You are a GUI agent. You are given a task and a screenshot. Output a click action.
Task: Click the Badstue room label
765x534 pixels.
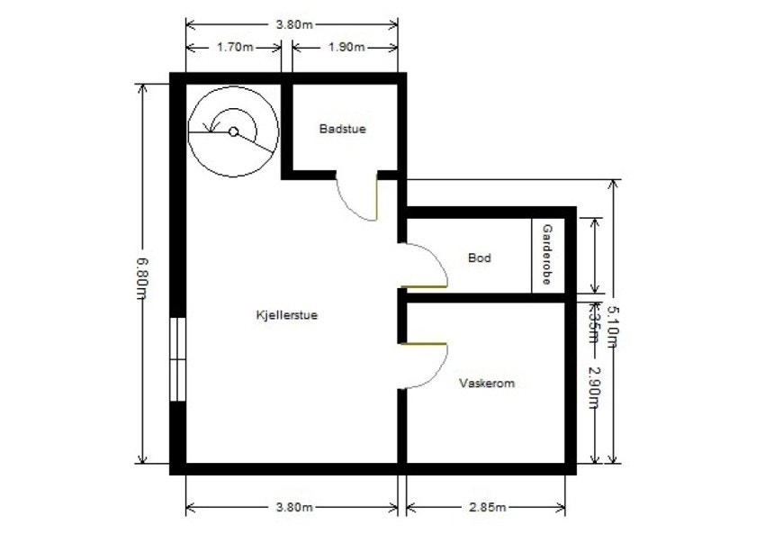point(342,130)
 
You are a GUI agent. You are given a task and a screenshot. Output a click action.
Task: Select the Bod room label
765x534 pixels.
point(480,258)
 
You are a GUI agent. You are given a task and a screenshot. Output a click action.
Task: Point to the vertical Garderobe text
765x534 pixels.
point(545,256)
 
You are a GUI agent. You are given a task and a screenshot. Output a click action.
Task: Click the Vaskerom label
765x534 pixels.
point(486,384)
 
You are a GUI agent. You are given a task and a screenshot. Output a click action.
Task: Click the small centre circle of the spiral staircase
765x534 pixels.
point(233,131)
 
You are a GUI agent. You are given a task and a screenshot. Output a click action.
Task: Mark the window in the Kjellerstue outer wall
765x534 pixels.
point(178,358)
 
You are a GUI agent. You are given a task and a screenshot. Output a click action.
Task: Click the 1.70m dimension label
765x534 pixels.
point(233,47)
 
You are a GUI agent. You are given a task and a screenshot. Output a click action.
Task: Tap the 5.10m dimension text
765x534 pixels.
point(614,323)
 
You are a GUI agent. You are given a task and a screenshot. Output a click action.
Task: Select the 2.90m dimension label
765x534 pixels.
point(595,386)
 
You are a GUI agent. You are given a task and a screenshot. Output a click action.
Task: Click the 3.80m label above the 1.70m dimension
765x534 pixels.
point(292,24)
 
